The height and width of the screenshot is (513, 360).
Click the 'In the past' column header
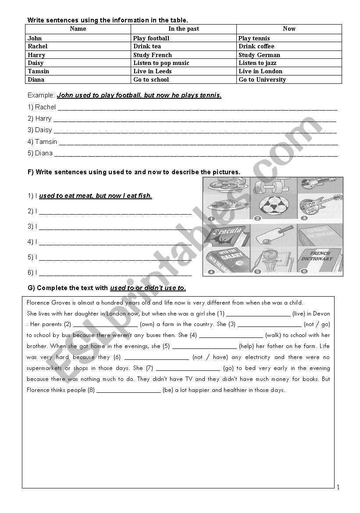(184, 29)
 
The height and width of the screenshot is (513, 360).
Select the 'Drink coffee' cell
(257, 46)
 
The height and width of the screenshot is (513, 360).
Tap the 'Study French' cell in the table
(153, 55)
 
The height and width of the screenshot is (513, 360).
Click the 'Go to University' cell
(262, 79)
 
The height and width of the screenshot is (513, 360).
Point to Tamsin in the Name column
(39, 71)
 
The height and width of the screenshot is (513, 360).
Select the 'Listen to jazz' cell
(257, 63)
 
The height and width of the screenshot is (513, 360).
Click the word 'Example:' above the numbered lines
(41, 95)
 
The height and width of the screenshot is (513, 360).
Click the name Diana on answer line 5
(43, 153)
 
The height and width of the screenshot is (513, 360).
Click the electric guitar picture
(320, 204)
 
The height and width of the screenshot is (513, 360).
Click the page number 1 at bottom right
(338, 487)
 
